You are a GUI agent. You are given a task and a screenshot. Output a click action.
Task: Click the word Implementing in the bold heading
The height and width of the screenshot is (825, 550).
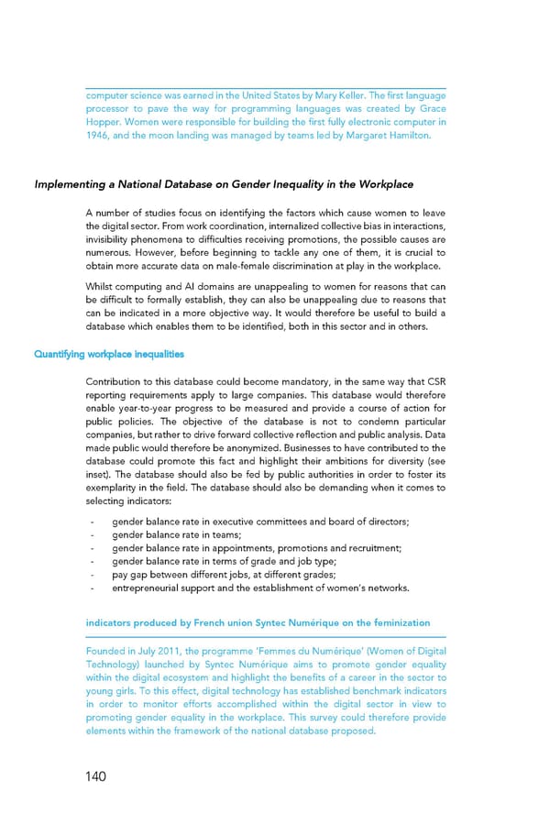[71, 184]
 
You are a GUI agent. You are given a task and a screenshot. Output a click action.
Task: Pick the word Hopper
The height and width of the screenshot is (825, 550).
[104, 122]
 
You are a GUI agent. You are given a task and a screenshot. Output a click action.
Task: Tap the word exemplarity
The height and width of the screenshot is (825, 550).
[111, 489]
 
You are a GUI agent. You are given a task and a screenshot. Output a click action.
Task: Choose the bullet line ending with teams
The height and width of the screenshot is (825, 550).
[176, 535]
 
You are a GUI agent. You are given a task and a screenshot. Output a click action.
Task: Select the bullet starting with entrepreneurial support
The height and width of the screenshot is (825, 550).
[260, 588]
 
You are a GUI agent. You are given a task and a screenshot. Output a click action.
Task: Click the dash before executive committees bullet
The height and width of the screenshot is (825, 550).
[93, 522]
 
